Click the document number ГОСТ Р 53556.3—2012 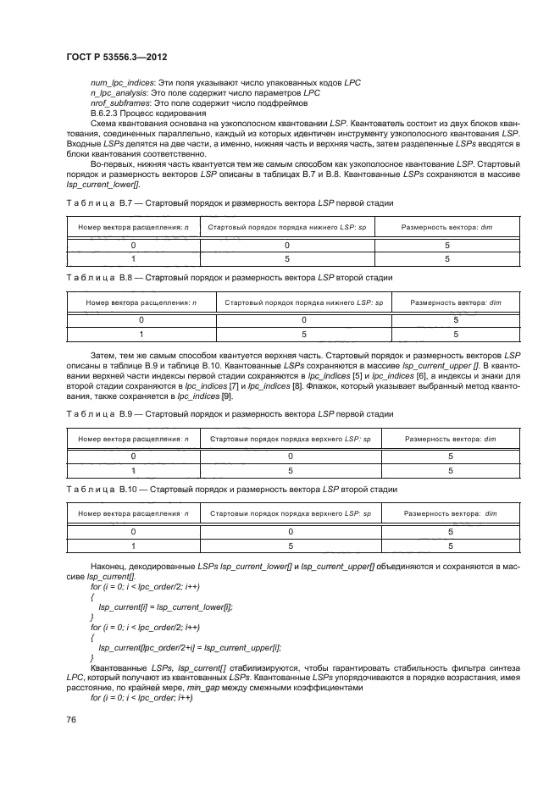pos(115,57)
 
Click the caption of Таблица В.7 pos(229,204)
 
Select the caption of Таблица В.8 pos(229,277)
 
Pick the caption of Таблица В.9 pos(229,414)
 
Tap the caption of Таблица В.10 pos(230,490)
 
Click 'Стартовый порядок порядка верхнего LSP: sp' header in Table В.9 pos(290,439)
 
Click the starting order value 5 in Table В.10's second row pos(290,546)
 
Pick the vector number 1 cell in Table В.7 pos(133,259)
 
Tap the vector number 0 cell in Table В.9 pos(133,456)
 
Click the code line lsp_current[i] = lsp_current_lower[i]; pos(166,606)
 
